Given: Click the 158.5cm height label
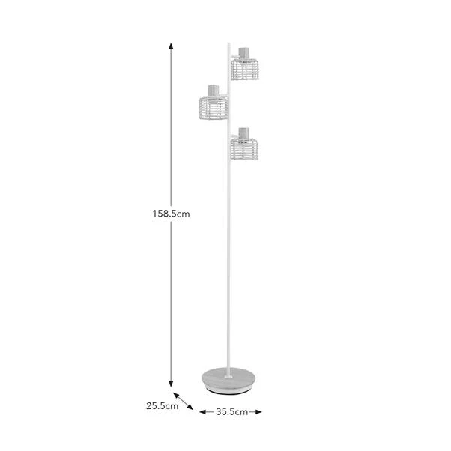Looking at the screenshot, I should (171, 214).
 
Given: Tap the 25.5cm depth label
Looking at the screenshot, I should (162, 406).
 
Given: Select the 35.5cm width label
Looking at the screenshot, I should (231, 411).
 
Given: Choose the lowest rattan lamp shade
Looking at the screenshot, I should (243, 148).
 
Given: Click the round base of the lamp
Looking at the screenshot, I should (228, 379).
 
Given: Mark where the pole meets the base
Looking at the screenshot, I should (228, 367).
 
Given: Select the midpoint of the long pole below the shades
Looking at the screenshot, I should (228, 262).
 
